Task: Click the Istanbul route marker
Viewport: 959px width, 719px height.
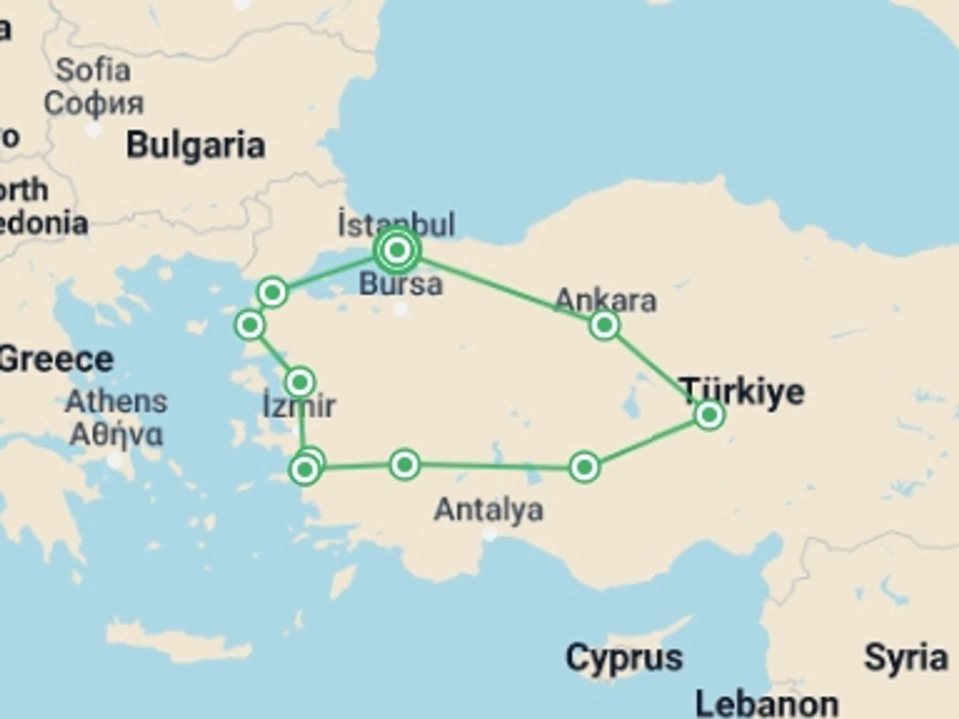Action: click(397, 250)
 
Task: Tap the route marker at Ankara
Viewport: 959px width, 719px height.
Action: click(604, 326)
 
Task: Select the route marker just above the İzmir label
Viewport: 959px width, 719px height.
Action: click(300, 382)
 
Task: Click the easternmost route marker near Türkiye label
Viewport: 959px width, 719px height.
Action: click(709, 414)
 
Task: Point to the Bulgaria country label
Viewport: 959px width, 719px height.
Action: click(195, 145)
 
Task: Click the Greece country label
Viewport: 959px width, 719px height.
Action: click(56, 359)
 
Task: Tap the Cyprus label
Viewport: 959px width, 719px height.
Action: click(624, 658)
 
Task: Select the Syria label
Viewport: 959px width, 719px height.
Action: click(906, 658)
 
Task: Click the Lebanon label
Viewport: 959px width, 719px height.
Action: click(767, 704)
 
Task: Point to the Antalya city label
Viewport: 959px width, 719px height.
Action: click(488, 510)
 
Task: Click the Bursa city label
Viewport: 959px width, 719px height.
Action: click(401, 284)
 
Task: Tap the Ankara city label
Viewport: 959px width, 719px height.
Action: click(605, 301)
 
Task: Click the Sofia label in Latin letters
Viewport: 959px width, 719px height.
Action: click(93, 70)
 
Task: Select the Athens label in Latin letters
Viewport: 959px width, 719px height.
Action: click(116, 401)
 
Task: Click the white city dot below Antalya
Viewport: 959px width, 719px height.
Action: click(490, 534)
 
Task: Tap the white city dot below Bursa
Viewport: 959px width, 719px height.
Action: click(400, 309)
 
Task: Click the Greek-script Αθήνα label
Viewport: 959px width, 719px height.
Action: click(116, 434)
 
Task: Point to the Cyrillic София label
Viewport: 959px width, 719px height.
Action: click(93, 103)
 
